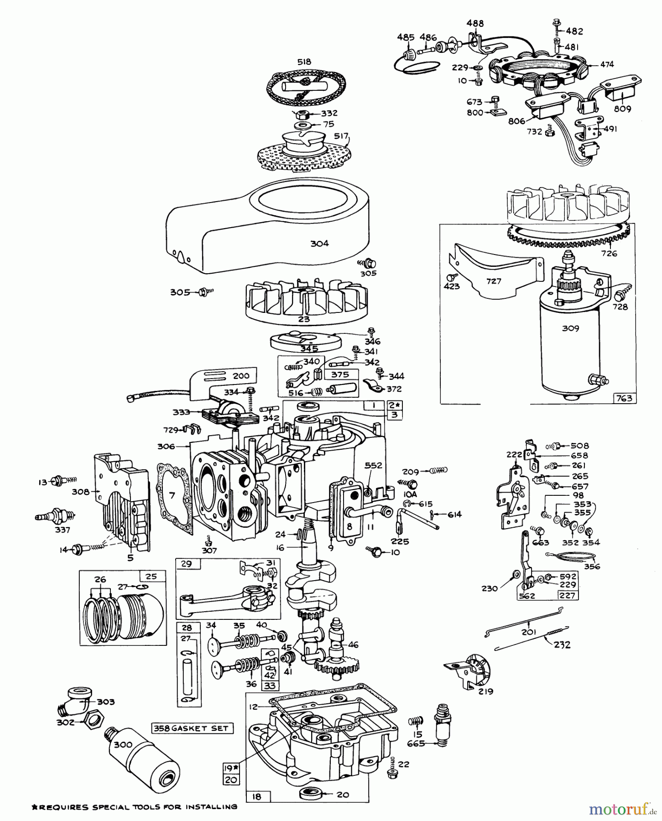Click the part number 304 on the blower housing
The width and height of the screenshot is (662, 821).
(x=319, y=244)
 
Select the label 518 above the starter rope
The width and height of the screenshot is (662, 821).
(x=304, y=62)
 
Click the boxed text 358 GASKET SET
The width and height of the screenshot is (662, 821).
(x=192, y=728)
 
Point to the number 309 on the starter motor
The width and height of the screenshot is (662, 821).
(x=570, y=328)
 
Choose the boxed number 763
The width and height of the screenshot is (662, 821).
(x=624, y=398)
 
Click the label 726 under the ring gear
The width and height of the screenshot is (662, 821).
(x=609, y=254)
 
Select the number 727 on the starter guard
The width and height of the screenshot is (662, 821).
(x=494, y=281)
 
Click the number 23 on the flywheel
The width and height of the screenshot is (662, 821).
(x=304, y=319)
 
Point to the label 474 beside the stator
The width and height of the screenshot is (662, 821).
(x=607, y=65)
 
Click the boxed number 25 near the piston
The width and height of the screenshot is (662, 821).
(x=151, y=576)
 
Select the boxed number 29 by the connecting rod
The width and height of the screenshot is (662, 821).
(x=186, y=564)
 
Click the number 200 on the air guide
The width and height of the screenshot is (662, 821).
(x=241, y=376)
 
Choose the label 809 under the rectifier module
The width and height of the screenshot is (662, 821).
(x=622, y=109)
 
